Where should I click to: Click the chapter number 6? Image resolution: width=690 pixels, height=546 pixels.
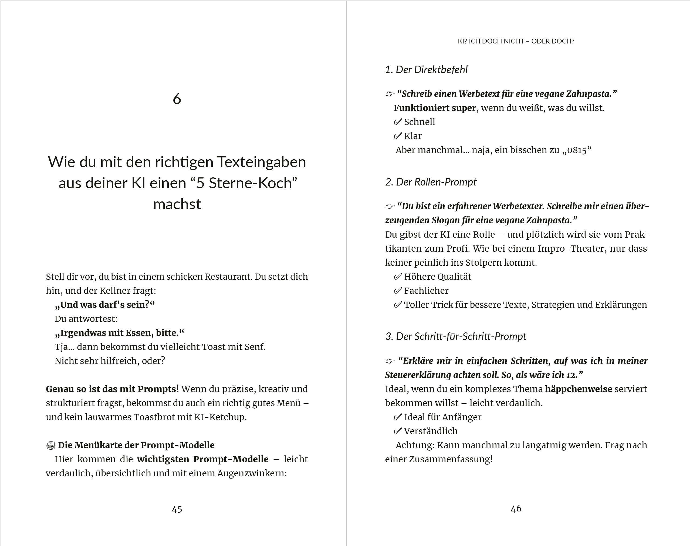pos(177,99)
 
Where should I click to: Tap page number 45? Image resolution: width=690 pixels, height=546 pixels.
pos(177,509)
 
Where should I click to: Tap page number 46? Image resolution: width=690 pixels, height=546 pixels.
pos(516,508)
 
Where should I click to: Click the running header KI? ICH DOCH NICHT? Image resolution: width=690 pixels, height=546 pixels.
pos(516,41)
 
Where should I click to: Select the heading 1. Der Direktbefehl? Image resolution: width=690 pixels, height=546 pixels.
pos(426,70)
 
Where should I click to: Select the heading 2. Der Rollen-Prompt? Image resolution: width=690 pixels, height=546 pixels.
pos(431,182)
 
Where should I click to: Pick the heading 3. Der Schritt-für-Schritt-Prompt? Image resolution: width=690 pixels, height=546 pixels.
pos(455,336)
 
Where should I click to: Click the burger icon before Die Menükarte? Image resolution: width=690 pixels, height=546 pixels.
pos(51,445)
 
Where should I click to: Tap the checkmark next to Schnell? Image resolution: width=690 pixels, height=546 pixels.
pos(398,122)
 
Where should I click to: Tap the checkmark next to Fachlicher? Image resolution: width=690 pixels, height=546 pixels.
pos(398,291)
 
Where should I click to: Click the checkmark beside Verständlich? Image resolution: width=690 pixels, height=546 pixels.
pos(398,431)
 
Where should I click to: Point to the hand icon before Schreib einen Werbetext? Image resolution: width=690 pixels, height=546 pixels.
pos(390,94)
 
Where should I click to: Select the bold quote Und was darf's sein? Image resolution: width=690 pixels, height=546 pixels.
pos(104,305)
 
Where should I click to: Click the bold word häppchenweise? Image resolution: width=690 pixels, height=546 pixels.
pos(579,389)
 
